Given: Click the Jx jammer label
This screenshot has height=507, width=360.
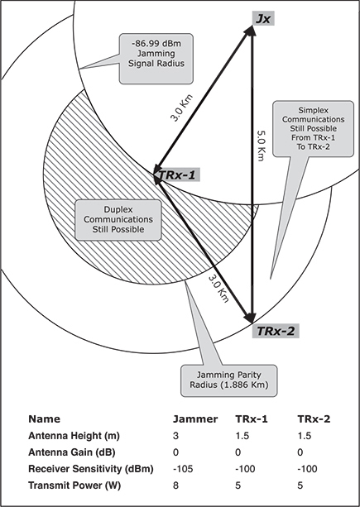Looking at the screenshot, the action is [x=263, y=19].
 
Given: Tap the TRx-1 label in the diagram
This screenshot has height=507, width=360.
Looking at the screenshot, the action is [x=177, y=175].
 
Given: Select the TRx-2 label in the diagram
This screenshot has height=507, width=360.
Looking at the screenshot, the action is [x=276, y=331].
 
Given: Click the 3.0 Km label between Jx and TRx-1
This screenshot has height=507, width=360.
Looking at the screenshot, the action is [x=181, y=108].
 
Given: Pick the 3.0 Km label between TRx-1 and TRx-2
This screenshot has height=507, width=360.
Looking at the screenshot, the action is [x=218, y=289].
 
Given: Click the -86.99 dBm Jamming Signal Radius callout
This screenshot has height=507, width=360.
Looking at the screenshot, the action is [x=156, y=59].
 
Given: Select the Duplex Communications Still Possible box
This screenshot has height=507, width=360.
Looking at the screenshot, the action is [x=118, y=220].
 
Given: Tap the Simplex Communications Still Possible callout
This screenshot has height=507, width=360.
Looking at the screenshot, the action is [x=313, y=129].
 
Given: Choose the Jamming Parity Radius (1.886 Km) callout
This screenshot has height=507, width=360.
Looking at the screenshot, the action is [x=229, y=380].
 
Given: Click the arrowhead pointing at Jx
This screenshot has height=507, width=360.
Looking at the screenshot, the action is [x=251, y=30].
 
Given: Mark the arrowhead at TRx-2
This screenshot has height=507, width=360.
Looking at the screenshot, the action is [x=251, y=318].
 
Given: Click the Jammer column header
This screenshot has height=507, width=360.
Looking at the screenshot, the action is [x=195, y=419].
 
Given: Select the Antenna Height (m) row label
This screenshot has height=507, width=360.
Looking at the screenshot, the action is [x=74, y=436].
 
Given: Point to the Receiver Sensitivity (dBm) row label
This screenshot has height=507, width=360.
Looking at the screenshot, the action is [x=90, y=469].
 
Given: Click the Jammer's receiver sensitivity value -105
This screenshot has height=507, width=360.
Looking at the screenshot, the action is [x=183, y=469].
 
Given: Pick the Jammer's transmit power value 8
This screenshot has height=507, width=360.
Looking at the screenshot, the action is [x=175, y=485].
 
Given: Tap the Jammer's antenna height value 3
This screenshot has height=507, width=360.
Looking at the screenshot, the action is [x=175, y=436].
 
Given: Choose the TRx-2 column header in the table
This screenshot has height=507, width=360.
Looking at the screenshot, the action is [x=314, y=419].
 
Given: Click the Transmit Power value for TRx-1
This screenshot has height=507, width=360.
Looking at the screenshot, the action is [x=238, y=485].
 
